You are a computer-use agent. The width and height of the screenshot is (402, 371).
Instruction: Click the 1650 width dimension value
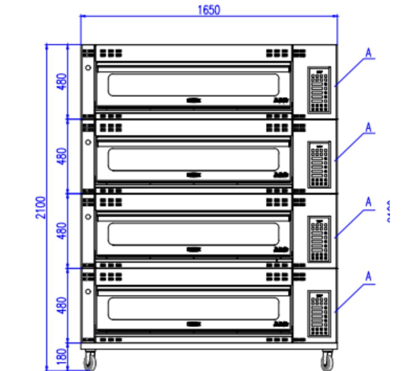209,10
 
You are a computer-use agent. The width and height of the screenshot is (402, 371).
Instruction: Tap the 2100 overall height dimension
41,207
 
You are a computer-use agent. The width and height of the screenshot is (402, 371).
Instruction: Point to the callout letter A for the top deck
369,53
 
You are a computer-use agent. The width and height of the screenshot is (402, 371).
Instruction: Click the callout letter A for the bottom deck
369,276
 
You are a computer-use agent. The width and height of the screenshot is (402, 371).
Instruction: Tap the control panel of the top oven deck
319,89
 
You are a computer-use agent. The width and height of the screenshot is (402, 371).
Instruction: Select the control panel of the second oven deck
319,164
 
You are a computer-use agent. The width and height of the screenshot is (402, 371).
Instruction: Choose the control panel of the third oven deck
319,239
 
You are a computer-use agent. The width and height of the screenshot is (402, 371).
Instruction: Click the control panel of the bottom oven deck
319,313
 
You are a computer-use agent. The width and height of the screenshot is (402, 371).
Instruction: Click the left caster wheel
90,359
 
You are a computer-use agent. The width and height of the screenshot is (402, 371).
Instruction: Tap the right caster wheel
327,359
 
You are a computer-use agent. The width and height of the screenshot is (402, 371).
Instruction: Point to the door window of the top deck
193,85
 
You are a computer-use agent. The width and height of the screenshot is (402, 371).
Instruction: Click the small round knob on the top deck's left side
88,67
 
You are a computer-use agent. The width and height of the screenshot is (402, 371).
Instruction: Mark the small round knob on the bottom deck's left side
88,291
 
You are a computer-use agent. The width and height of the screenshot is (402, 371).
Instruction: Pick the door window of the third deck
193,234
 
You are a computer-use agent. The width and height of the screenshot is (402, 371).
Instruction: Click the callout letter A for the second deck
369,128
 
